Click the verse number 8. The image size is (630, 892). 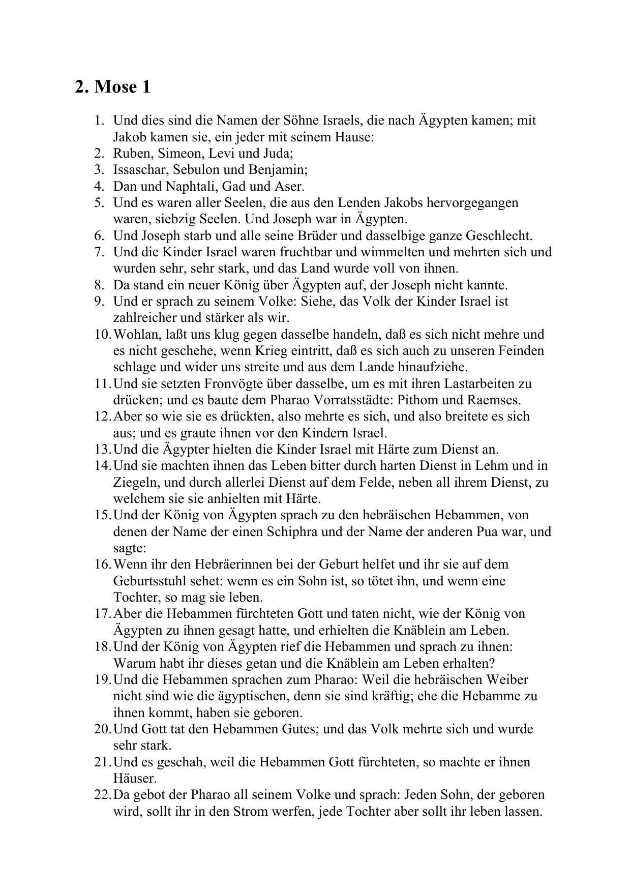pos(99,285)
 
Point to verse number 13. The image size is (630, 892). pos(102,449)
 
